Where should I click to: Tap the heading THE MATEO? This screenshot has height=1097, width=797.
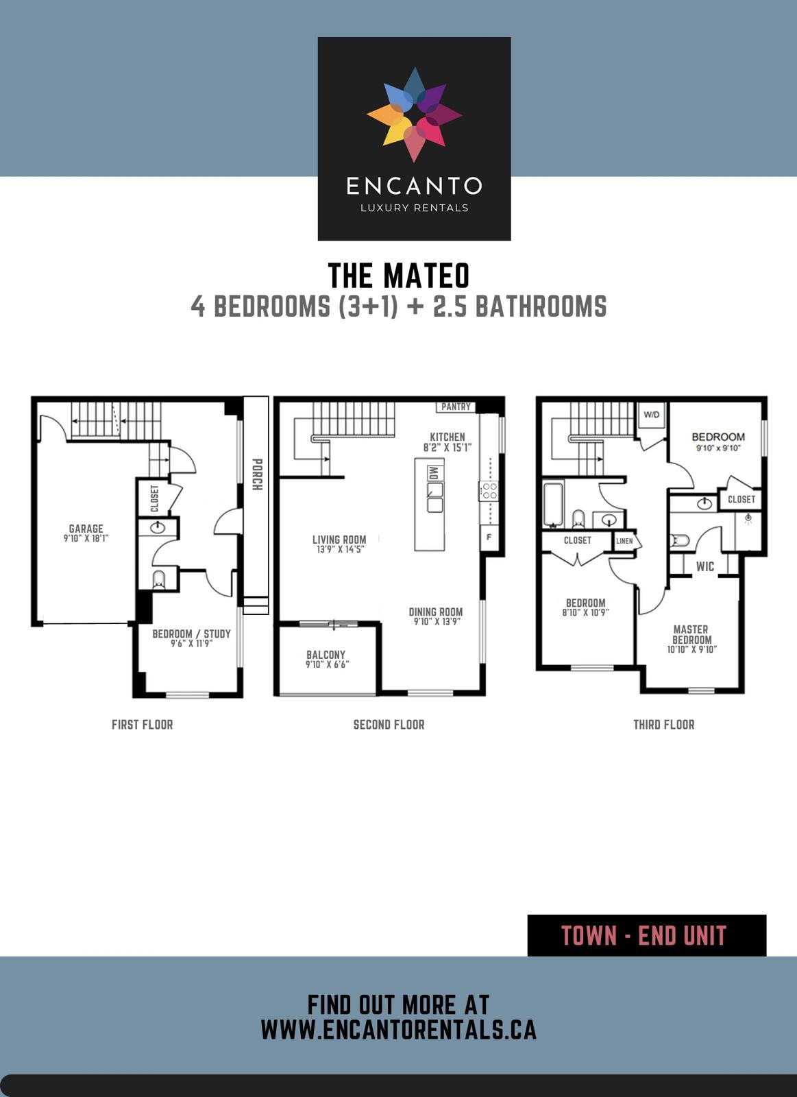399,276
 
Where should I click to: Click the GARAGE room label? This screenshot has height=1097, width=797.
86,529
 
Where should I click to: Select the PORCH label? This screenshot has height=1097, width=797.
257,474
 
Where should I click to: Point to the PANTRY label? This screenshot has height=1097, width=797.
456,407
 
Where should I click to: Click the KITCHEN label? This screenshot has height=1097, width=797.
447,437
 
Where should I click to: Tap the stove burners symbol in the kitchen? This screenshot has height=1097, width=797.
489,491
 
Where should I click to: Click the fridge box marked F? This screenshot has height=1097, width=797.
489,536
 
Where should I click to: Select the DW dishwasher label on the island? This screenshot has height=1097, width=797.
433,473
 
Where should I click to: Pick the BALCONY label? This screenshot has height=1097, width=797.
326,655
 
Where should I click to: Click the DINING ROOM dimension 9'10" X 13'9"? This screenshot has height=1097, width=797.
437,622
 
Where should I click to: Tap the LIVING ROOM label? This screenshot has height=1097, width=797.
339,540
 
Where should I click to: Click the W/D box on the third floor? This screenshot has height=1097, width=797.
651,415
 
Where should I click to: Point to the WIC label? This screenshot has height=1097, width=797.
705,566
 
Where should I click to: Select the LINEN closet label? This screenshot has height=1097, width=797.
625,541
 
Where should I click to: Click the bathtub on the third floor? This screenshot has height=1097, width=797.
553,505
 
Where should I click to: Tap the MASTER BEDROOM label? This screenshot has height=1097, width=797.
691,634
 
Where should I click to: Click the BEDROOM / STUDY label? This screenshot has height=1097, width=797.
191,634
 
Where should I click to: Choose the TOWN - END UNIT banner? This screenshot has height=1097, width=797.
646,935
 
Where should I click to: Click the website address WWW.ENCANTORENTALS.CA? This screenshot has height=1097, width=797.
398,1030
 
